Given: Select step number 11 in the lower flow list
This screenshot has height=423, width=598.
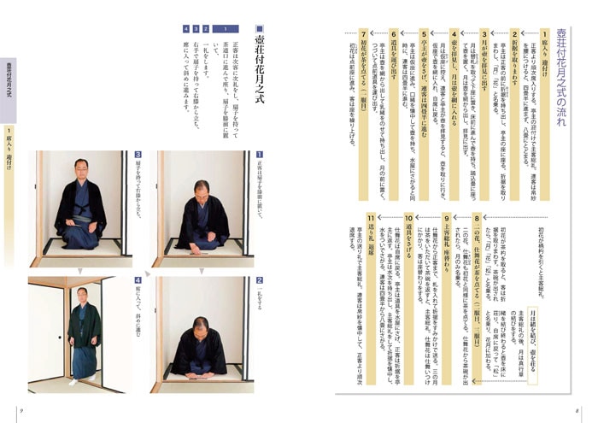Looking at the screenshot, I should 370,219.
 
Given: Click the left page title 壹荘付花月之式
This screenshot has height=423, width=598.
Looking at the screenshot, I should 260,64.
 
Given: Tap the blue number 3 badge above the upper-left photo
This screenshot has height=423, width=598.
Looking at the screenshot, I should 137,155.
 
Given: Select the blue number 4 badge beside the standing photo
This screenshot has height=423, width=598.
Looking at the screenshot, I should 137,279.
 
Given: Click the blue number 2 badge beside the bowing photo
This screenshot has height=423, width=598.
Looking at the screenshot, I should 259,279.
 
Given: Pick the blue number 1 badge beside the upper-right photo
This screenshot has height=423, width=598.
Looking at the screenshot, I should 259,155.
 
